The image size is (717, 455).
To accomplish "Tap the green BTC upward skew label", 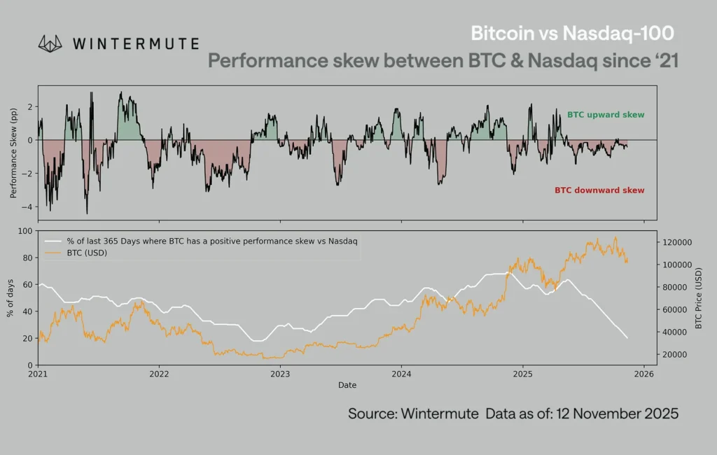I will [605, 115].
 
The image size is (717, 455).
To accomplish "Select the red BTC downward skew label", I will [599, 190].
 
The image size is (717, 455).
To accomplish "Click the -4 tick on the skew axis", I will [29, 207].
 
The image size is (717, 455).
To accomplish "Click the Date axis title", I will [347, 386].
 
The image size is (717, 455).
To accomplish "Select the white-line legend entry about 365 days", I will [210, 241].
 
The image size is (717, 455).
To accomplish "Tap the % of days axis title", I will [11, 297].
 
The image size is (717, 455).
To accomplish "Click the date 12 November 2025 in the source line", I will [617, 414].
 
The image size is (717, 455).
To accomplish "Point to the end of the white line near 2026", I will [627, 338].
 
